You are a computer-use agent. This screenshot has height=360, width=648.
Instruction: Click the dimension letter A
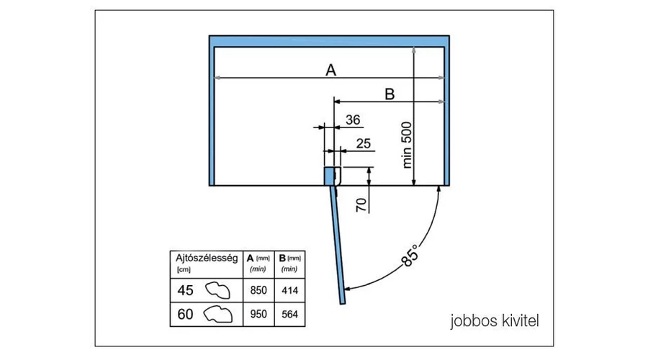tap(330, 70)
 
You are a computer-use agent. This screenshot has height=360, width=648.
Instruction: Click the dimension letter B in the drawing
tap(389, 94)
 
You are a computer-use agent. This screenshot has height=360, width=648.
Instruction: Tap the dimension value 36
tap(354, 120)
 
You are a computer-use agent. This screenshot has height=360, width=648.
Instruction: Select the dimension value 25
tap(364, 143)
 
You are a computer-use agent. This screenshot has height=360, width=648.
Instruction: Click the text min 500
tap(408, 144)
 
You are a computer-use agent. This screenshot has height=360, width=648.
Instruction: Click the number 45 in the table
tap(185, 290)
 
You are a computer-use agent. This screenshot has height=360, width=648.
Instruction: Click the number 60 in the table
tap(185, 314)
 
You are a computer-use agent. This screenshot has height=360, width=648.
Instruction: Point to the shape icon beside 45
tap(220, 290)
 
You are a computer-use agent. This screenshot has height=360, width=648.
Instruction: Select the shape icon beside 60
tap(220, 314)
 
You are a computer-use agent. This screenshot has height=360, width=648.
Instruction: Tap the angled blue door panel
tap(339, 245)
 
